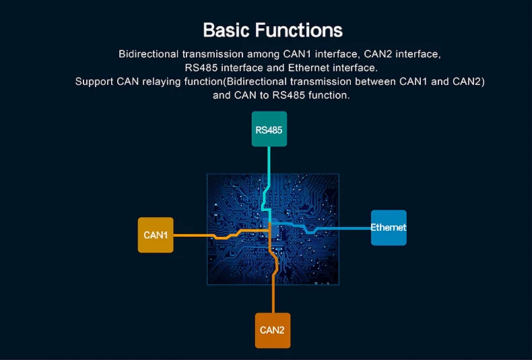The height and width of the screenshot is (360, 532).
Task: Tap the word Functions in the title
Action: pyautogui.click(x=302, y=30)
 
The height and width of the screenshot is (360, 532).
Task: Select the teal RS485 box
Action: pyautogui.click(x=269, y=129)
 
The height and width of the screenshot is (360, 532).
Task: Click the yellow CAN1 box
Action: pyautogui.click(x=156, y=235)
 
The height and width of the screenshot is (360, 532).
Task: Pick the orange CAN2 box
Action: pyautogui.click(x=273, y=330)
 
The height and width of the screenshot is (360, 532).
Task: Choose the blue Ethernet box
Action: pyautogui.click(x=389, y=227)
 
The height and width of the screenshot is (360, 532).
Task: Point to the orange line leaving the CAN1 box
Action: pyautogui.click(x=192, y=235)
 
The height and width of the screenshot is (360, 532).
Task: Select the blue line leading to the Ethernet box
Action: pyautogui.click(x=343, y=228)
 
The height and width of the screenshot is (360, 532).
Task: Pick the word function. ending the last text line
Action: pyautogui.click(x=328, y=95)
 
